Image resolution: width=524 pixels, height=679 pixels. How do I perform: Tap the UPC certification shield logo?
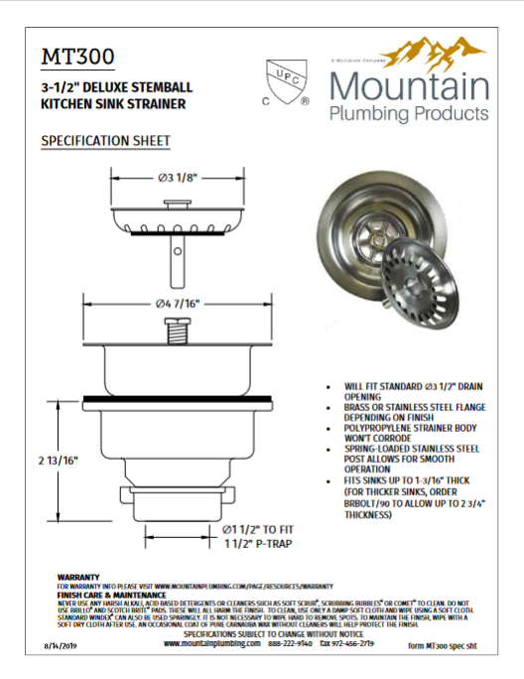(286, 80)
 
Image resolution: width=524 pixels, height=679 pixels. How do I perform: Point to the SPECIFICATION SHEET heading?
(105, 142)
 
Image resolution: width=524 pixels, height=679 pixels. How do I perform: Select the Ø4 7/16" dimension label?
(180, 302)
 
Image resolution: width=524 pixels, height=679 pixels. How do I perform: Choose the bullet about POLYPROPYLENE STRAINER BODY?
(398, 433)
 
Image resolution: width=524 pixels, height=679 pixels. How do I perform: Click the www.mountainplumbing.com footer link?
(210, 643)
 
